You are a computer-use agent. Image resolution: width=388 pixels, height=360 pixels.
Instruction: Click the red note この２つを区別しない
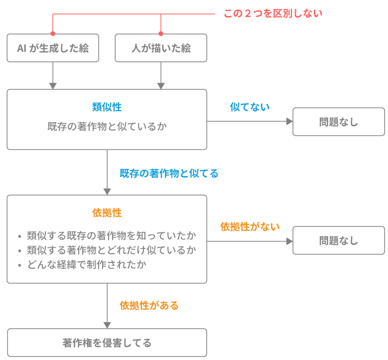[x=272, y=13]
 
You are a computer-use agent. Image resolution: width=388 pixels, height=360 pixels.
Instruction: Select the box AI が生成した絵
[x=53, y=48]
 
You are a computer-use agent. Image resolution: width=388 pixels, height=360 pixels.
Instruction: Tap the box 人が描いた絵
[x=161, y=48]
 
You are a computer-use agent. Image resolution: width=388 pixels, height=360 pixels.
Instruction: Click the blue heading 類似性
[x=107, y=107]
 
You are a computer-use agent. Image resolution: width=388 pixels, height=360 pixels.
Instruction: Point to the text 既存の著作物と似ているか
[x=107, y=126]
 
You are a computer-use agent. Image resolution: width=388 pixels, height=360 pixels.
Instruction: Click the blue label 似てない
[x=250, y=107]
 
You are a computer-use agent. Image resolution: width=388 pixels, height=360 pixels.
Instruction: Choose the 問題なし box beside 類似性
[x=339, y=122]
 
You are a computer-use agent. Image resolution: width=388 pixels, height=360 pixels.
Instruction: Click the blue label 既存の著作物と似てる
[x=168, y=174]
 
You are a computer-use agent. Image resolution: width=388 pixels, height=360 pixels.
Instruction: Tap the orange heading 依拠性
[x=107, y=212]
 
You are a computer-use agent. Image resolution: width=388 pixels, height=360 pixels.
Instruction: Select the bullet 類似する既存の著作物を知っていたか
[x=111, y=235]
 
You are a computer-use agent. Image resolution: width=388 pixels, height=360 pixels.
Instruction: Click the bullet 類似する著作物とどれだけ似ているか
[x=111, y=250]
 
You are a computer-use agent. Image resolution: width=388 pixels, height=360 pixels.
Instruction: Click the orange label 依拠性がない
[x=250, y=226]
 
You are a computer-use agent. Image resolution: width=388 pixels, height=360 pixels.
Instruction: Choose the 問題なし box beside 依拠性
[x=339, y=240]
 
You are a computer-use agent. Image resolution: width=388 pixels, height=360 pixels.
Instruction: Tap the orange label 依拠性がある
[x=149, y=305]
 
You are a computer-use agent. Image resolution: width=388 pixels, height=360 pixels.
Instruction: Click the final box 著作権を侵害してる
[x=107, y=343]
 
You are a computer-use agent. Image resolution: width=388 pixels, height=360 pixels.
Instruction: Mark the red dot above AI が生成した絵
[x=53, y=33]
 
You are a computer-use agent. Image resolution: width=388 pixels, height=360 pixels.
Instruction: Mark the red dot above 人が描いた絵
[x=161, y=33]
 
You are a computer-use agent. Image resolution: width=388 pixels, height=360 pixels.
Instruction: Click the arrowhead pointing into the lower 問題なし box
[x=289, y=240]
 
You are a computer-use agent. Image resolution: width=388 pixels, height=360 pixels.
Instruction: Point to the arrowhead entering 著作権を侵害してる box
[x=107, y=325]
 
